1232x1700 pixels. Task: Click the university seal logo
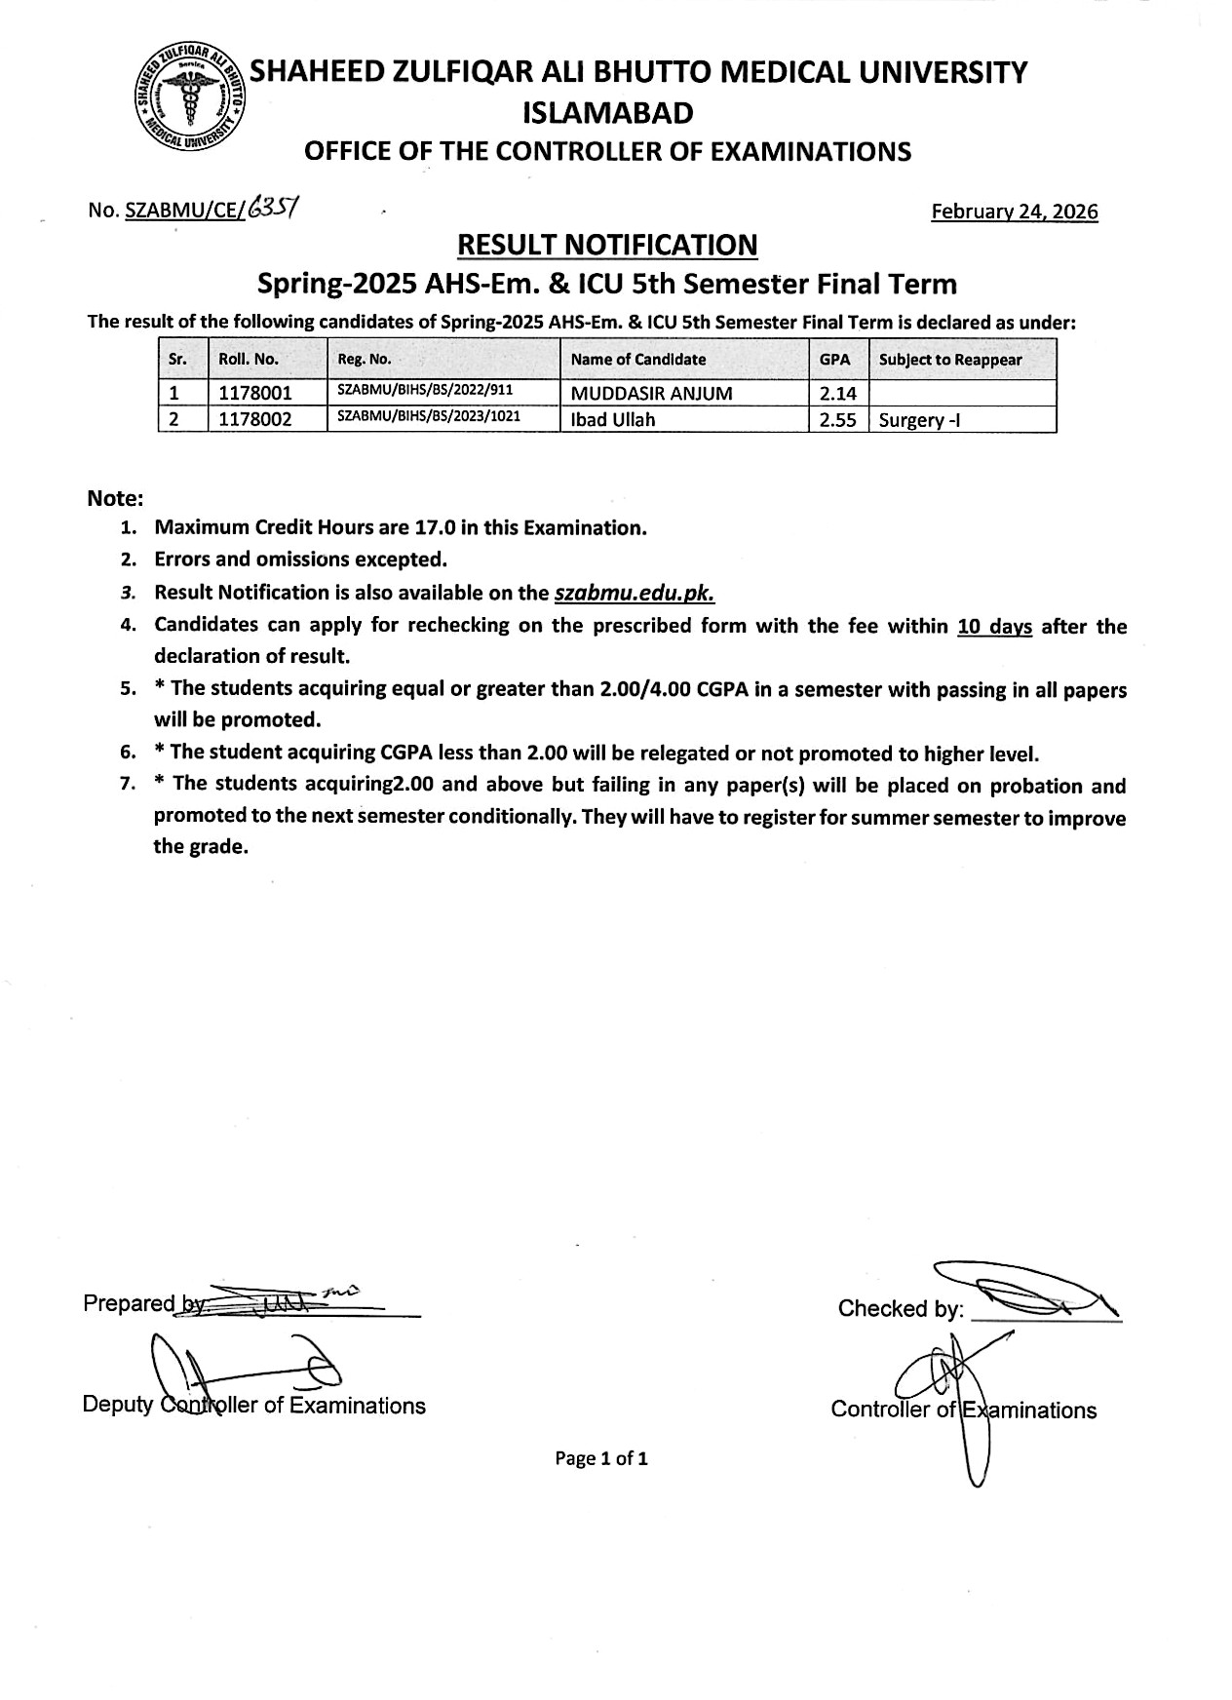pos(190,98)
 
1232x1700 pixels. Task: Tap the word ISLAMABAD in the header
pos(607,114)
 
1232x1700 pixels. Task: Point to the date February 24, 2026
pos(1014,212)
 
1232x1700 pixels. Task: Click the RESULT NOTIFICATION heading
pos(607,245)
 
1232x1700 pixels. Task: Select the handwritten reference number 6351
pos(273,208)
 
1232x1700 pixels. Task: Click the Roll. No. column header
pos(249,359)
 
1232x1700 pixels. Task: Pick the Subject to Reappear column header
pos(949,360)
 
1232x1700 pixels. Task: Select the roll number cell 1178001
pos(255,394)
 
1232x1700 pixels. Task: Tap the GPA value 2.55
pos(838,421)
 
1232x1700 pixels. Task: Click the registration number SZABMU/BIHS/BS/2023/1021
pos(429,416)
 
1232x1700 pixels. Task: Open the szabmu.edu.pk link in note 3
pos(635,593)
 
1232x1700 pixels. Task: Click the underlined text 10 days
pos(994,627)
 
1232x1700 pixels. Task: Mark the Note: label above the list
pos(115,498)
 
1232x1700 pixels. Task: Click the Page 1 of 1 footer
pos(601,1458)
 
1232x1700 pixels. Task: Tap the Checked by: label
pos(900,1308)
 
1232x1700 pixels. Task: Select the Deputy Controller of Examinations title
pos(254,1405)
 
